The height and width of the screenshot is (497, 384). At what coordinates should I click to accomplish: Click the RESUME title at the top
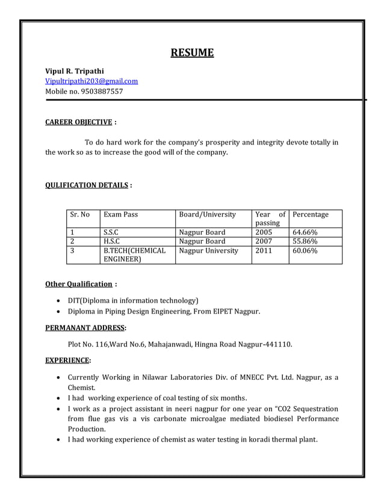point(192,53)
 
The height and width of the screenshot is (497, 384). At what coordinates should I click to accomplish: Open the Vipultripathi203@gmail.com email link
point(91,81)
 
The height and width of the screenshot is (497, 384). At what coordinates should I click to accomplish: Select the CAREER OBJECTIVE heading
point(79,122)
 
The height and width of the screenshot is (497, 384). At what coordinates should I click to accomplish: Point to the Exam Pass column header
point(121,214)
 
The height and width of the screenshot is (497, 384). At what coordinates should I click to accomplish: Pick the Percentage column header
point(311,214)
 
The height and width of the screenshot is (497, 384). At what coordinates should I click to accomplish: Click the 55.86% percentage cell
point(305,241)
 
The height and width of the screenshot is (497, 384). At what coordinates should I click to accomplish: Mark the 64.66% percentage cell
point(305,232)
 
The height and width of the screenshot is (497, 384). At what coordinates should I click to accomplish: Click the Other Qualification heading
point(79,284)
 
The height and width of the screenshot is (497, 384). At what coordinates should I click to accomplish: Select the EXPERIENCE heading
point(67,361)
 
